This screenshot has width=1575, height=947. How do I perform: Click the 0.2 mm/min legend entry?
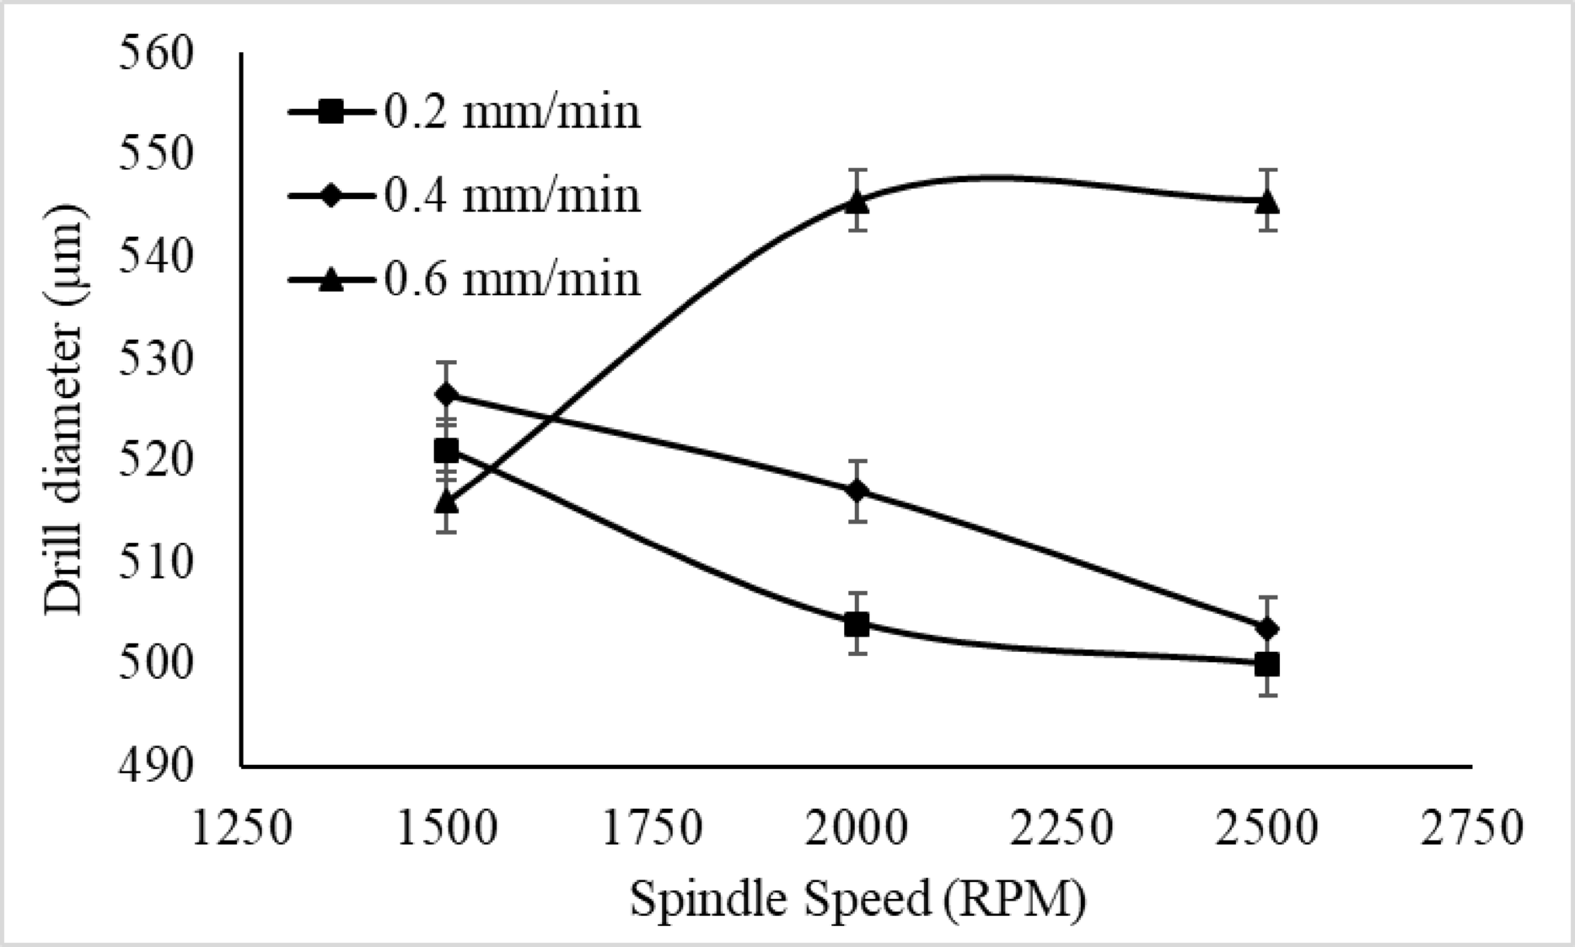[465, 112]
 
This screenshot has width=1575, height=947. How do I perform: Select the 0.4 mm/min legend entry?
[465, 196]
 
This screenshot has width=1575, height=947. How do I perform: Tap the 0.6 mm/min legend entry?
[465, 279]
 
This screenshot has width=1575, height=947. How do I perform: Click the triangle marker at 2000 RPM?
[857, 202]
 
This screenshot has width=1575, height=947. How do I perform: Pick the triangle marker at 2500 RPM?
[1267, 202]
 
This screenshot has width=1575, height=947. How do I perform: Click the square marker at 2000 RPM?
[857, 625]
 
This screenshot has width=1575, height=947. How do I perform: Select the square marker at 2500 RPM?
[1267, 665]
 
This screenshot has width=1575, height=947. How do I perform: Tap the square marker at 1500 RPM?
[446, 451]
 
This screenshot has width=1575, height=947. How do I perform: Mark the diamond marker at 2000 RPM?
[857, 491]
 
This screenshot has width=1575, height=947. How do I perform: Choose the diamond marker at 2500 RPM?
[1267, 628]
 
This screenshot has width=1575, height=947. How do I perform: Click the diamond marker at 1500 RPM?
[446, 394]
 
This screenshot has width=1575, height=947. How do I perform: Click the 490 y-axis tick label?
[157, 766]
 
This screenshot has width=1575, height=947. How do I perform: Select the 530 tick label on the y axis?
[157, 359]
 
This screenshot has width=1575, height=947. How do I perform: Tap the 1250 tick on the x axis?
[242, 828]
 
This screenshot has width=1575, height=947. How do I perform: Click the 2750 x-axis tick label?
[1473, 828]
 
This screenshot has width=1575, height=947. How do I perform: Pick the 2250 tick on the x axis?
[1062, 828]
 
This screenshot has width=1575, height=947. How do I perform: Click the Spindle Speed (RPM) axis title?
[857, 901]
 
